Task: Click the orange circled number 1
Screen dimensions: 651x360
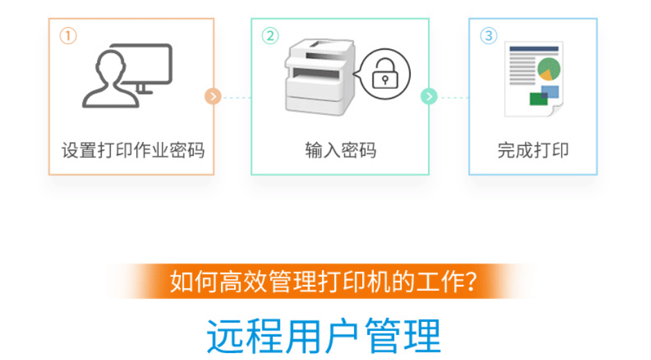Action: [x=68, y=36]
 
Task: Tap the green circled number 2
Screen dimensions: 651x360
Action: [x=270, y=36]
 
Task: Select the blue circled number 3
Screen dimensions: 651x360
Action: [x=489, y=36]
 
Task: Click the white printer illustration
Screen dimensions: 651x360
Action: [x=320, y=78]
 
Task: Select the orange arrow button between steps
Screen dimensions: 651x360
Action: [x=213, y=97]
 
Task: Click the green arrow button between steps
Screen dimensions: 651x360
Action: [x=429, y=97]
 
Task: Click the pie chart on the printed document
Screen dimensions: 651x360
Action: [x=549, y=69]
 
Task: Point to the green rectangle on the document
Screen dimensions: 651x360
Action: [x=539, y=99]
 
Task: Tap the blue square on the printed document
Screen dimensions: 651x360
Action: [x=550, y=92]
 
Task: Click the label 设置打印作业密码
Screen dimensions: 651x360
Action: [x=133, y=150]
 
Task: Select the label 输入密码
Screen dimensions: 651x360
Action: [x=341, y=150]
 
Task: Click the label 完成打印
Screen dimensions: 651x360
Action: [x=533, y=150]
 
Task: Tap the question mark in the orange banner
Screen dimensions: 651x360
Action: [x=471, y=282]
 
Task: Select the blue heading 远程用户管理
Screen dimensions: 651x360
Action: [x=324, y=336]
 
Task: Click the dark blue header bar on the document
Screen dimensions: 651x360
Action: [x=534, y=49]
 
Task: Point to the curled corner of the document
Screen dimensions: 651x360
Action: [x=555, y=111]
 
